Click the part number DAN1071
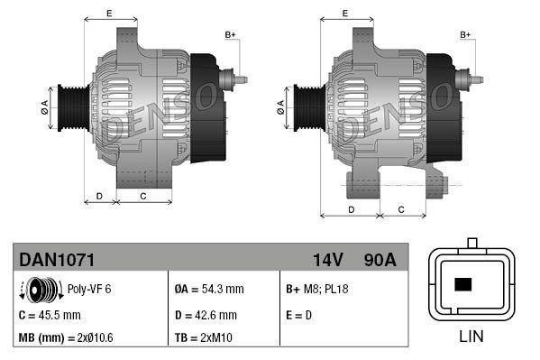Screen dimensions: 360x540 57,260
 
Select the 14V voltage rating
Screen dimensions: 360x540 328,260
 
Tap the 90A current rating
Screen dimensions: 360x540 380,260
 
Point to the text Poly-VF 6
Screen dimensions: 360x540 88,290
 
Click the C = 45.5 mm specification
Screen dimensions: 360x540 50,315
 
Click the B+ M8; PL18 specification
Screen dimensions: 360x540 316,290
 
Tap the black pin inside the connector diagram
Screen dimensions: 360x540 463,285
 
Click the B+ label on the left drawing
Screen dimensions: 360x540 230,35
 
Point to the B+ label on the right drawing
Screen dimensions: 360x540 466,35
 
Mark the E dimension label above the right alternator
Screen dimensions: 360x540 345,14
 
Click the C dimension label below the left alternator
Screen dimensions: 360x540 142,195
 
